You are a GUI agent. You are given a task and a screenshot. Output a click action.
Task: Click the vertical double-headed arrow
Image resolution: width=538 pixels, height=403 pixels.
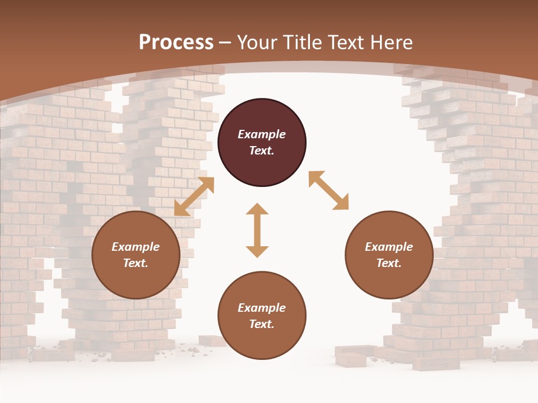(x=257, y=230)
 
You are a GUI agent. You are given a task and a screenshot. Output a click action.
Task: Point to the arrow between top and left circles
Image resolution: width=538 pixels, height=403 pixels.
(x=194, y=196)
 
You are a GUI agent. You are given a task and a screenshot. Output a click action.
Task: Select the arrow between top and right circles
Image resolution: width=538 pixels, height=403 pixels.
(x=328, y=190)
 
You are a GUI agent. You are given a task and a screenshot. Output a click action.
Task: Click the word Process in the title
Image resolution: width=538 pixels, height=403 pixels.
(x=176, y=42)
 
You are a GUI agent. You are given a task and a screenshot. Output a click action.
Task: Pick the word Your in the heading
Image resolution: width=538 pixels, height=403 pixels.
(x=256, y=42)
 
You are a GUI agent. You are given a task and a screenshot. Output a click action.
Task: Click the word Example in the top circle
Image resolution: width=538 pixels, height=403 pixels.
(x=262, y=134)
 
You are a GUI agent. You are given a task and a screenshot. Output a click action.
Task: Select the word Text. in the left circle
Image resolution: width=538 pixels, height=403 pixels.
(x=136, y=263)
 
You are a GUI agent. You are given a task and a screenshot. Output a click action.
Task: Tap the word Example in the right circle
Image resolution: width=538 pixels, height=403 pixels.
(x=389, y=247)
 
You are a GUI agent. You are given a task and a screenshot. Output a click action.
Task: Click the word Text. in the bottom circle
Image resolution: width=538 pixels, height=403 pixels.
(x=262, y=324)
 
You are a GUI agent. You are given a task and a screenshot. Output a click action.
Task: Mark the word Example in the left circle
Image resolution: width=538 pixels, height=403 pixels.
(x=136, y=247)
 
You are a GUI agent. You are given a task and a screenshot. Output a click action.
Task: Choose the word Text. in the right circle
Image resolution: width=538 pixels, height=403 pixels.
(x=389, y=263)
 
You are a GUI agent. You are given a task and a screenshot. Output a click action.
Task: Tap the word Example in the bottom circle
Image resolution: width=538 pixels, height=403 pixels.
(x=262, y=308)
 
